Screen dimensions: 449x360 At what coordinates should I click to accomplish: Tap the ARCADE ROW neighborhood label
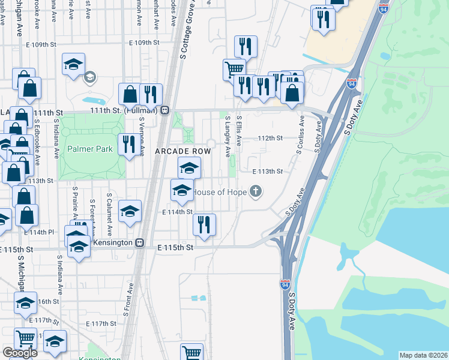coord(183,152)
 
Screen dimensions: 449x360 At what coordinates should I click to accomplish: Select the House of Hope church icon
coord(256,192)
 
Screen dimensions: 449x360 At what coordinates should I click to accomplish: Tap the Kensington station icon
coord(139,242)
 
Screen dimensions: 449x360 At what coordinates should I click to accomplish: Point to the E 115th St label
coord(175,247)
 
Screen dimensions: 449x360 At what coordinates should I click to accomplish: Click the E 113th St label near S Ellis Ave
coord(267,171)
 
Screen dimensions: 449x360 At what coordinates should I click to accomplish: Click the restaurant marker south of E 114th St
coord(204,224)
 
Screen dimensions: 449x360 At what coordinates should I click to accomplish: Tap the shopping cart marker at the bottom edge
coord(192,353)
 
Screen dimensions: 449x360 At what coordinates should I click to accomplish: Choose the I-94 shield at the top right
coord(384,8)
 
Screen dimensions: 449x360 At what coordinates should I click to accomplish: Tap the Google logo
coord(20,353)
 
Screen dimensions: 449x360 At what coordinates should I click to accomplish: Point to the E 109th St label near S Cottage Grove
coord(144,43)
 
